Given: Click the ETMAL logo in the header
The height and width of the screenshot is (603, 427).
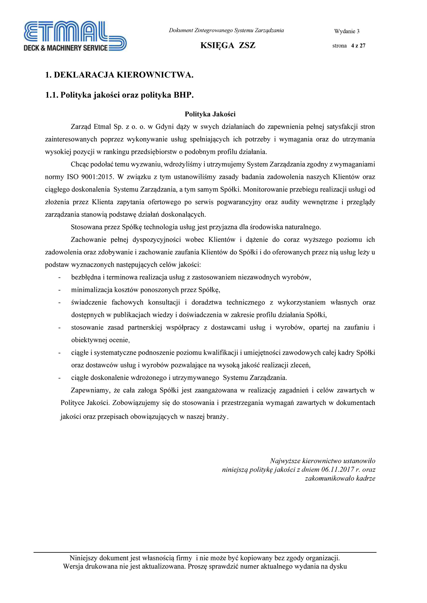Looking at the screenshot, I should click(x=75, y=37).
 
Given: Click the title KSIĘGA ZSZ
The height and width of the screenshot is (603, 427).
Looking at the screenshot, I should click(x=228, y=45).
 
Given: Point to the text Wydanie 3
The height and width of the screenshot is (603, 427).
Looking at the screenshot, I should click(x=347, y=32).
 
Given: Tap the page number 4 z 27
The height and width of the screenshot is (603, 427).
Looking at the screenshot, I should click(x=358, y=46).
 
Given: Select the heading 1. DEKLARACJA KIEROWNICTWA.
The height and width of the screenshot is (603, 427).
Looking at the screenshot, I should click(x=119, y=75).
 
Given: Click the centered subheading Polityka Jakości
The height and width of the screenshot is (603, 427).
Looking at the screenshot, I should click(x=210, y=114).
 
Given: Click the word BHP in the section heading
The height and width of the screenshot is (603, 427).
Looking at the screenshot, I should click(x=183, y=95).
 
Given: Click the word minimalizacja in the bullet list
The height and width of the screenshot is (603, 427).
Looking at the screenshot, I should click(x=91, y=290).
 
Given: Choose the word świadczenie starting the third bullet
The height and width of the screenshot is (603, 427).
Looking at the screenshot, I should click(x=89, y=302).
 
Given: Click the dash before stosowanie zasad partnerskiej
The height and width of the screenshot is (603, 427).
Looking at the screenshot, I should click(x=59, y=328).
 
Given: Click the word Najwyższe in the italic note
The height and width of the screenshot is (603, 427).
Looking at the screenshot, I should click(x=285, y=461).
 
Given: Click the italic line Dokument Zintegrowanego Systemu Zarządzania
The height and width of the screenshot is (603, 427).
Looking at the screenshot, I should click(x=226, y=30).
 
